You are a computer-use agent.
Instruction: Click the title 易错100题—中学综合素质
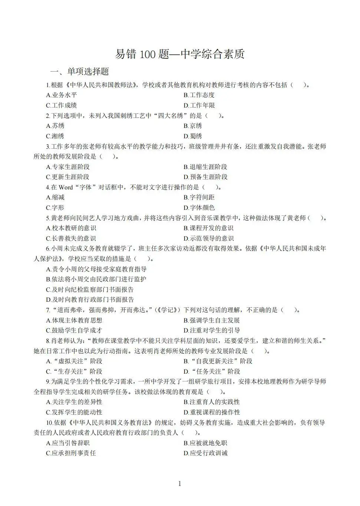click(x=180, y=54)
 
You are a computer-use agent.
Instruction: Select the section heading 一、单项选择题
click(x=80, y=72)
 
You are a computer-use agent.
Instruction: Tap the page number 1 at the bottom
click(x=180, y=483)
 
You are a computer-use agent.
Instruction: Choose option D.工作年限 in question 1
click(x=199, y=105)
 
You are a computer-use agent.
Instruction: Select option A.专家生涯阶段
click(x=68, y=167)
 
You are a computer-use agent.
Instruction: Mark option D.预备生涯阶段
click(x=205, y=177)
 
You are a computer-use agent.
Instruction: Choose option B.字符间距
click(x=199, y=197)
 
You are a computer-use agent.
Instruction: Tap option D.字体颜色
click(x=199, y=208)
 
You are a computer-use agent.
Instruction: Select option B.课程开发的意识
click(x=208, y=228)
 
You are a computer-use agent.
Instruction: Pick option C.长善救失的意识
click(x=71, y=238)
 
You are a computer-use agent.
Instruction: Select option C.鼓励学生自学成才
click(x=74, y=330)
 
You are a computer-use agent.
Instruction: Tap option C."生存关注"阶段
click(x=74, y=371)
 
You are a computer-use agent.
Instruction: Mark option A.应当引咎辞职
click(x=68, y=443)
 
